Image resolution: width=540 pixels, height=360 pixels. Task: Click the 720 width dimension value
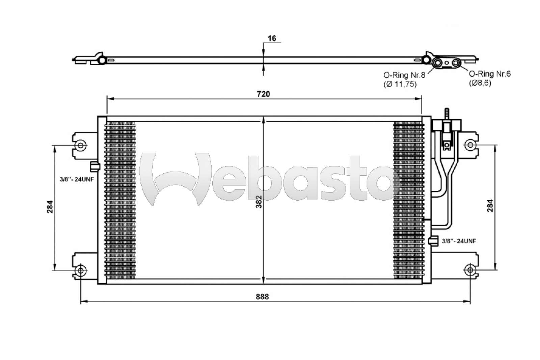click(x=263, y=94)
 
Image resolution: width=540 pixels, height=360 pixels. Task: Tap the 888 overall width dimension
click(x=262, y=297)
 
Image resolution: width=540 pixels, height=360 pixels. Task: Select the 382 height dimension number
click(x=259, y=202)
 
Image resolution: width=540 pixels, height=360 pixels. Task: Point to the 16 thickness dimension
click(x=272, y=38)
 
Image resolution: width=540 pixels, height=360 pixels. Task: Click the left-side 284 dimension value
click(x=50, y=207)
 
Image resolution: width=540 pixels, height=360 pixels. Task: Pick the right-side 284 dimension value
click(x=490, y=206)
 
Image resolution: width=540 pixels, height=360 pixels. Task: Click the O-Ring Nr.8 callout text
click(x=404, y=75)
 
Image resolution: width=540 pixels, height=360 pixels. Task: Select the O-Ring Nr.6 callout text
click(x=490, y=74)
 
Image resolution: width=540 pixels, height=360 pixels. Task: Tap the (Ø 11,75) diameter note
click(x=400, y=84)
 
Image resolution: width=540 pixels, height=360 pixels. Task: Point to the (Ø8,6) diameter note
click(x=480, y=83)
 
